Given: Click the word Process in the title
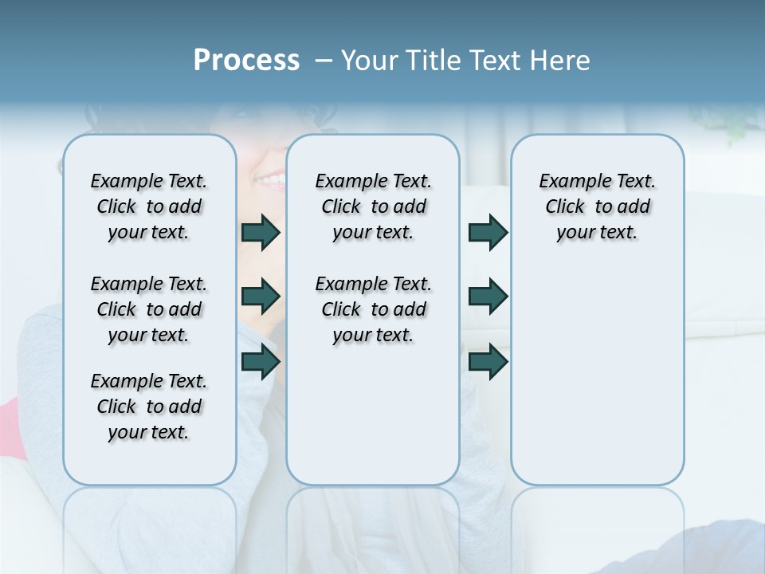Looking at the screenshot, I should [x=246, y=60].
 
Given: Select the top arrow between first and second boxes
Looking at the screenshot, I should [x=261, y=233].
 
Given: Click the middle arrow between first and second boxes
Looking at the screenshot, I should [x=261, y=297].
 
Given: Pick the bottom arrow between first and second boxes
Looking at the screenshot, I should [x=261, y=362].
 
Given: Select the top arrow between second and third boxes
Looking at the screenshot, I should [x=488, y=233].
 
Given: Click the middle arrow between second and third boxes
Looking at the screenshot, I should [x=488, y=297].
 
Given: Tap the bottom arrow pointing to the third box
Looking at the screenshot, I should [x=488, y=362].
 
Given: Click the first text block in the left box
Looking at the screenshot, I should [x=149, y=206].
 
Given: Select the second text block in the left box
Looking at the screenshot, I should [x=149, y=309].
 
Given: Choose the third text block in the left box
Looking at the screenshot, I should [x=149, y=407].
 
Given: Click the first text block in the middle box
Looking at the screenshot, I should [x=373, y=206].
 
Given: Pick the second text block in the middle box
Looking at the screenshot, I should [x=373, y=309].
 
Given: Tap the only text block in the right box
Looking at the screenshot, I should [x=598, y=206].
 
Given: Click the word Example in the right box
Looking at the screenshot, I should [x=571, y=181].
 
